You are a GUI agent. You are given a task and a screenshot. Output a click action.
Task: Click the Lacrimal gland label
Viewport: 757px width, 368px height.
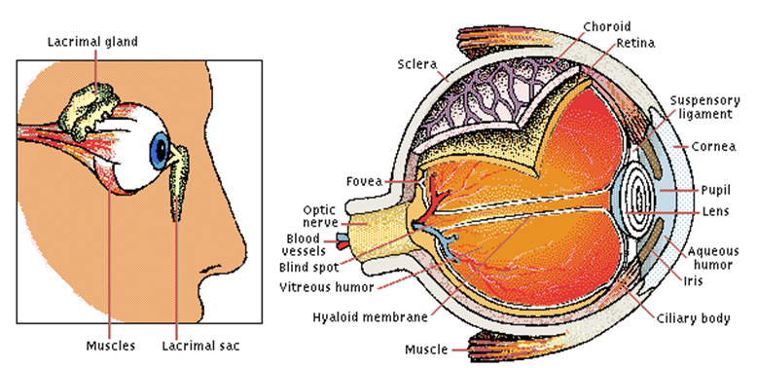[x=93, y=41]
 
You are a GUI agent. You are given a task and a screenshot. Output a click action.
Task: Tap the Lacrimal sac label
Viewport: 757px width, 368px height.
[x=199, y=346]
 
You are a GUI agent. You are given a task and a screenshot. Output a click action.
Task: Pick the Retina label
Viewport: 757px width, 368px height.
[x=634, y=44]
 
